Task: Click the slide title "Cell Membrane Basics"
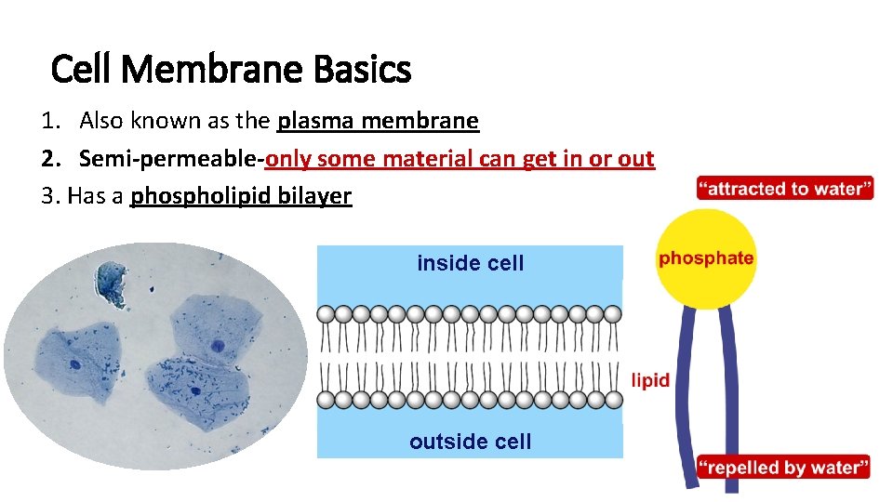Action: coord(231,69)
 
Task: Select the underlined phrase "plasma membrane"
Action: coord(378,121)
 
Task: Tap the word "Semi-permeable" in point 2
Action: coord(169,159)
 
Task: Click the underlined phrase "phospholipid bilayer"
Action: coord(241,196)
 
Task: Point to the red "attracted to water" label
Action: coord(785,189)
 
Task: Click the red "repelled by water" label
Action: coord(783,467)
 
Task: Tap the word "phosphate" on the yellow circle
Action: coord(706,258)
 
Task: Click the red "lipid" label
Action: coord(650,379)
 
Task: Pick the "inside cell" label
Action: coord(470,263)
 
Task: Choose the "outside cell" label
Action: coord(470,442)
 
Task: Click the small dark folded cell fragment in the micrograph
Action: coord(112,284)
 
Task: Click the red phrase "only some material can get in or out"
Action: coord(460,159)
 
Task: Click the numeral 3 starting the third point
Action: coord(47,196)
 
